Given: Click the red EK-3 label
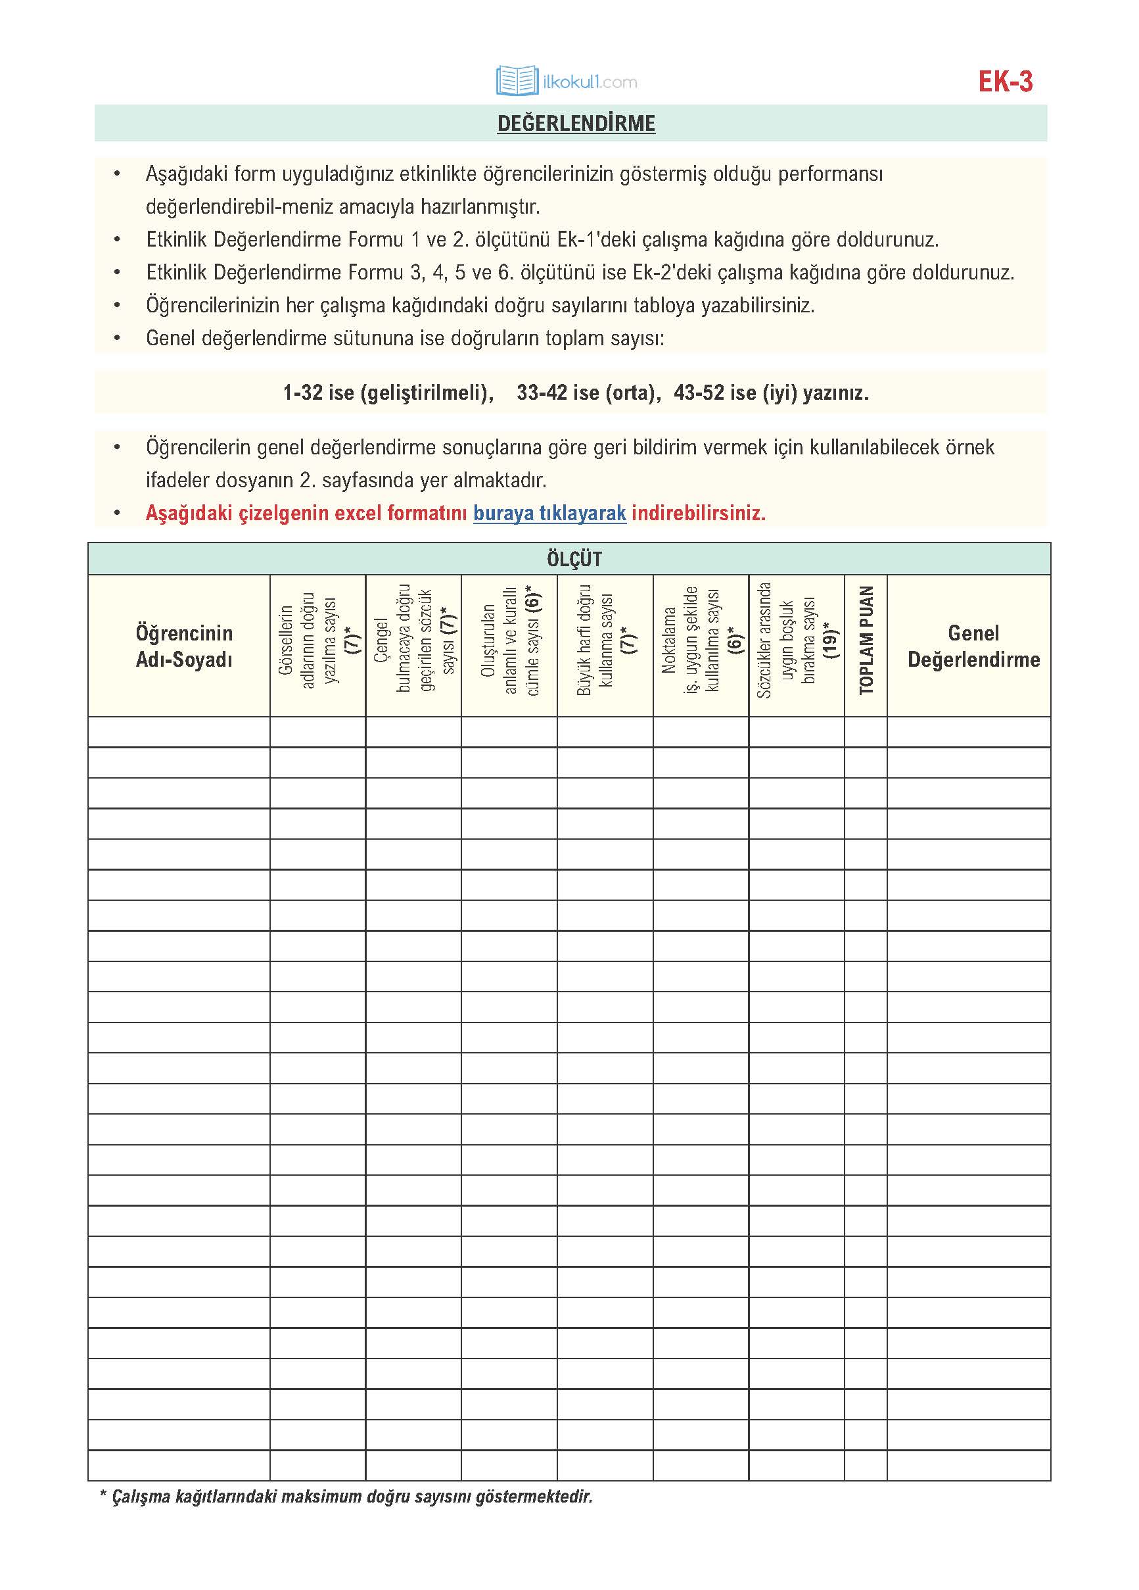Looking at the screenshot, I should click(x=1004, y=82).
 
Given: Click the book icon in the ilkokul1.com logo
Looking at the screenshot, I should click(x=517, y=81).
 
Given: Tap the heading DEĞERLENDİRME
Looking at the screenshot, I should click(x=576, y=124).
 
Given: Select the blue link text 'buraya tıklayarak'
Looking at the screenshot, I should click(x=549, y=513).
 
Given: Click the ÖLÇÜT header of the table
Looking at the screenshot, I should click(x=574, y=559).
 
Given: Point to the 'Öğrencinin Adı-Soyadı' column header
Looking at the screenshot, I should click(x=183, y=646).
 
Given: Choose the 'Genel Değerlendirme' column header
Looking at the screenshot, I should click(x=973, y=646).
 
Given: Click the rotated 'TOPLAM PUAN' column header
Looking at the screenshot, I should click(x=866, y=640).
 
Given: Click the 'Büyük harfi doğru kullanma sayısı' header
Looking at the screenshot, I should click(x=605, y=640).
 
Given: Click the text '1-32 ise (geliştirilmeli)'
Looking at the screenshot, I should click(x=388, y=393).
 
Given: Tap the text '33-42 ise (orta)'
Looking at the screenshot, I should click(x=588, y=393).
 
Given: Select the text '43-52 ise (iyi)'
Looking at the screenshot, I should click(x=735, y=393).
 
